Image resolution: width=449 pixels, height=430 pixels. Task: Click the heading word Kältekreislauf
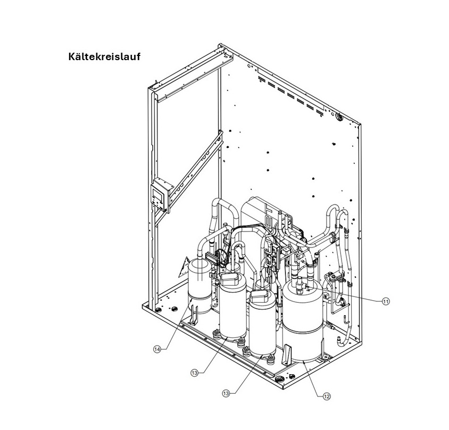coord(104,56)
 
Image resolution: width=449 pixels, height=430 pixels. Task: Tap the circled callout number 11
coord(386,301)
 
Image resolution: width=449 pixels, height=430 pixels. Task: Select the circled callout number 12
coord(327,396)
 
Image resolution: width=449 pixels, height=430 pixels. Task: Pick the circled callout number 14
coord(157,349)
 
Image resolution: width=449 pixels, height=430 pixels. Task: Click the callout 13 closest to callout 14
coord(194,373)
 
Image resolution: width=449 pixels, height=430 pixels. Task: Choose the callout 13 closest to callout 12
coord(226,393)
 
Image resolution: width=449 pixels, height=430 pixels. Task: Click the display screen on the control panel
coord(156,198)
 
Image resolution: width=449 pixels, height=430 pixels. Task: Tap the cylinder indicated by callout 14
coord(199,286)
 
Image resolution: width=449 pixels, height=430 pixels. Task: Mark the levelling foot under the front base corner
coord(279,379)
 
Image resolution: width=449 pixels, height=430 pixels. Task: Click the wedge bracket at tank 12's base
coord(287,354)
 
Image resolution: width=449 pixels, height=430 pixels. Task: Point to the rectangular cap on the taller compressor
coord(230,279)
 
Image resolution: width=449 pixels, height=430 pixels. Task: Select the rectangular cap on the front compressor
coord(260,296)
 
